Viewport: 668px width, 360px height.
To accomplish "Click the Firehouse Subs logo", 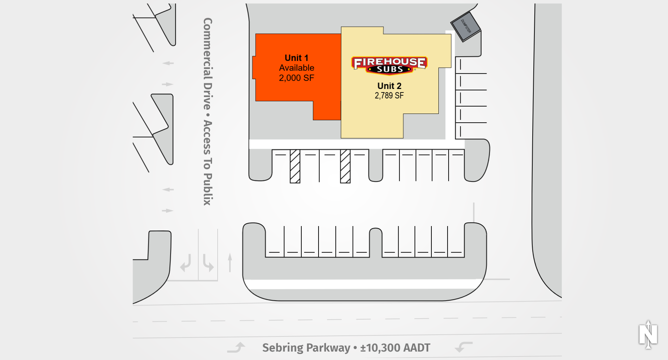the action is [x=390, y=65].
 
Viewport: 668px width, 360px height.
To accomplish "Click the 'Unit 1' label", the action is [x=296, y=58].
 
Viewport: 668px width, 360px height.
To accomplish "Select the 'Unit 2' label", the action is [x=389, y=86].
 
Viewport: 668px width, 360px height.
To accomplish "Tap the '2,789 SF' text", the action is [x=389, y=96].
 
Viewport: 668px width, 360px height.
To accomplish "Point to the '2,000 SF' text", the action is [x=296, y=78].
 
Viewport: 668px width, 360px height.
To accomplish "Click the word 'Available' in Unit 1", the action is [x=296, y=68].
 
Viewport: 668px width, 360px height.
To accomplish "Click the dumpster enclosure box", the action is [x=466, y=27].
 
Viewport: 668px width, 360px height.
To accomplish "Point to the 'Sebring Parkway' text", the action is [x=306, y=348].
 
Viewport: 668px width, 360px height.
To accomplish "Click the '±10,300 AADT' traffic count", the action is [x=395, y=348].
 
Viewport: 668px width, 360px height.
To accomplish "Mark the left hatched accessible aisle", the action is [x=295, y=166].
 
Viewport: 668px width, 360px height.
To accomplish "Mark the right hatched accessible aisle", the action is [x=345, y=166].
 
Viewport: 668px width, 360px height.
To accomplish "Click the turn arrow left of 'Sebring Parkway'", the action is [x=236, y=347].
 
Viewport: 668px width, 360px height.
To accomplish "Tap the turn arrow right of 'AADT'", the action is [x=463, y=347].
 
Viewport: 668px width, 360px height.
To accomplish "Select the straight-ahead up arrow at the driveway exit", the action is [x=230, y=263].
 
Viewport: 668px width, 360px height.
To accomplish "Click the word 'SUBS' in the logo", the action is [x=390, y=70].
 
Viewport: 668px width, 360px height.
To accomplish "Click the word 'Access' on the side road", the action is [x=208, y=137].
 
